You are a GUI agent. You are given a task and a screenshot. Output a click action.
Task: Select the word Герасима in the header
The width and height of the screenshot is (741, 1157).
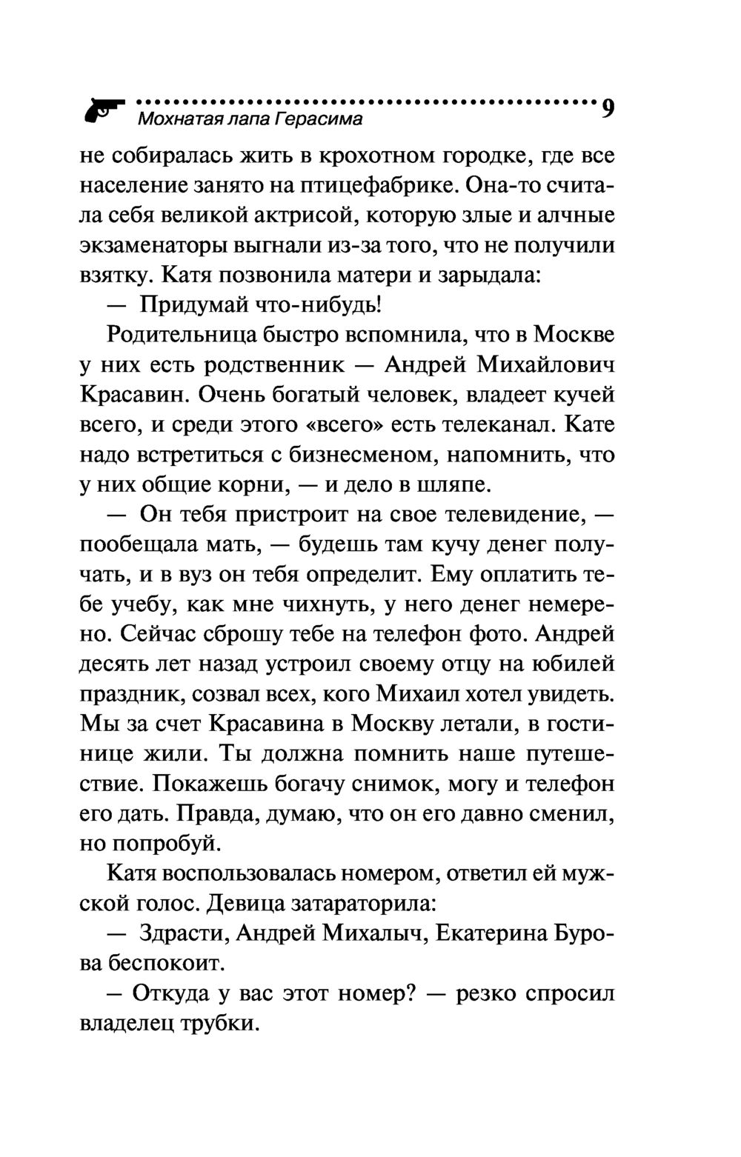pos(319,119)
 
